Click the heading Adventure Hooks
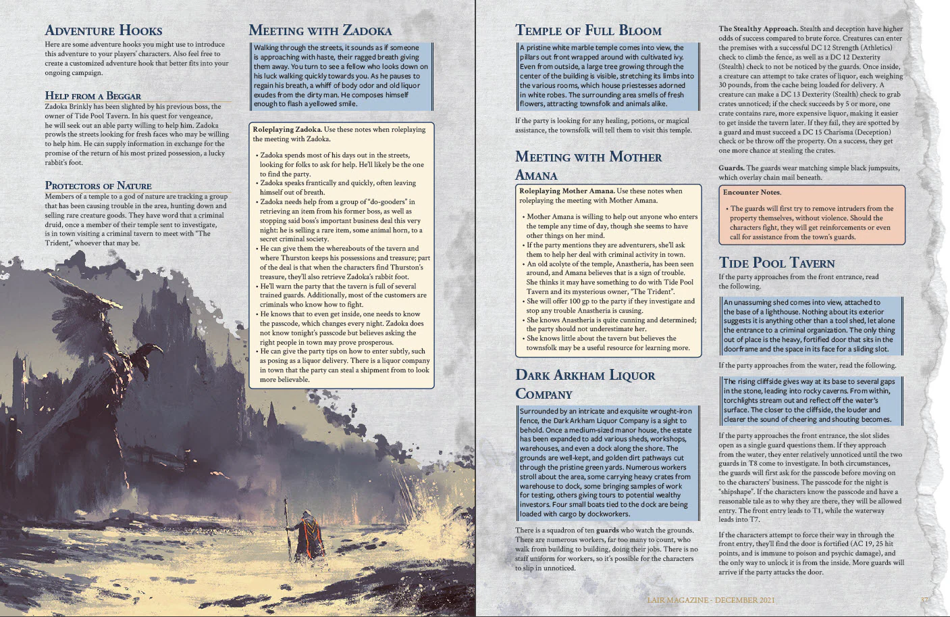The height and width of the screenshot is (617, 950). click(103, 30)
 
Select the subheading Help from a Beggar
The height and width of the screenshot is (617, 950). click(93, 96)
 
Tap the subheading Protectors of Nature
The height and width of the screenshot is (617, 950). click(98, 186)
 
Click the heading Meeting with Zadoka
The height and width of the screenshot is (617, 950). click(319, 30)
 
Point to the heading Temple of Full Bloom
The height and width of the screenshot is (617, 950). click(587, 30)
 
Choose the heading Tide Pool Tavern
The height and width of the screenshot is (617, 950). click(776, 263)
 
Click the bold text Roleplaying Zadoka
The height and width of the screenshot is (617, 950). click(286, 129)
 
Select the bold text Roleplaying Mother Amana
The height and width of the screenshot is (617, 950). click(566, 191)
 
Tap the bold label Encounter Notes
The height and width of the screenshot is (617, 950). click(751, 193)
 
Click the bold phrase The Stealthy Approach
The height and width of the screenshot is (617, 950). click(758, 29)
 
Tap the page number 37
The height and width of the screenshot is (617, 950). click(924, 600)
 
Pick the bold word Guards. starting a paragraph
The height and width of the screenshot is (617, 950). click(731, 168)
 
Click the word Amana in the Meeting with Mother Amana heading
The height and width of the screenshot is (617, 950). click(536, 176)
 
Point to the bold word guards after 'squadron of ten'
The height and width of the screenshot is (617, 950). click(607, 530)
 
